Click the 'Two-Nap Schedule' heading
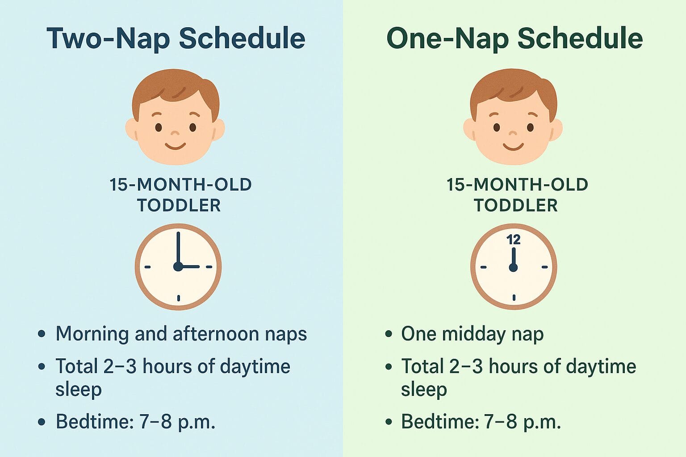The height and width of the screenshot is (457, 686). pos(176,38)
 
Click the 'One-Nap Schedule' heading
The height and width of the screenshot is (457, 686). pos(514,38)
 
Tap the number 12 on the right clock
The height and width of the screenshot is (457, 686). pos(514,240)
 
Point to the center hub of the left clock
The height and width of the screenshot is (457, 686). pos(178,267)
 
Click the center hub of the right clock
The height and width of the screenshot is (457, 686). pos(513,267)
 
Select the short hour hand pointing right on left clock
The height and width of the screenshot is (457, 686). pos(190,267)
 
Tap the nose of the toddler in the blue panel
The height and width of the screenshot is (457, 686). pos(175,133)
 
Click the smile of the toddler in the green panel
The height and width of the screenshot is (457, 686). pos(513,146)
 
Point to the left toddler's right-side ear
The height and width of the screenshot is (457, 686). pos(219,129)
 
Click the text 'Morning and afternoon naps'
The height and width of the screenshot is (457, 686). pos(181,334)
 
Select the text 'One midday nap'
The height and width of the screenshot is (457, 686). pos(472,334)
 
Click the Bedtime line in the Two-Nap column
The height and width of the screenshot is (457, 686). pos(135,421)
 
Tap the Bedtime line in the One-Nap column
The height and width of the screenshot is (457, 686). pos(481,421)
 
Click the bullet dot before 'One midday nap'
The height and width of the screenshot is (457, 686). pos(389,334)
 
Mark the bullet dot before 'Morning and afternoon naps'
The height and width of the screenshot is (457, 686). pos(42,334)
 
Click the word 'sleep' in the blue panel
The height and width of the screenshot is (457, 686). pos(79,389)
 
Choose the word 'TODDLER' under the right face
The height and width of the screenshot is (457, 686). pos(515,206)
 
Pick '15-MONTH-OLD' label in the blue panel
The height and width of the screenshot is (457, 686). pos(180,185)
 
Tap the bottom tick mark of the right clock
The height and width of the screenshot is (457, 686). pos(514,298)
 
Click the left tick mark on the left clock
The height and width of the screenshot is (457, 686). pos(147,267)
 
